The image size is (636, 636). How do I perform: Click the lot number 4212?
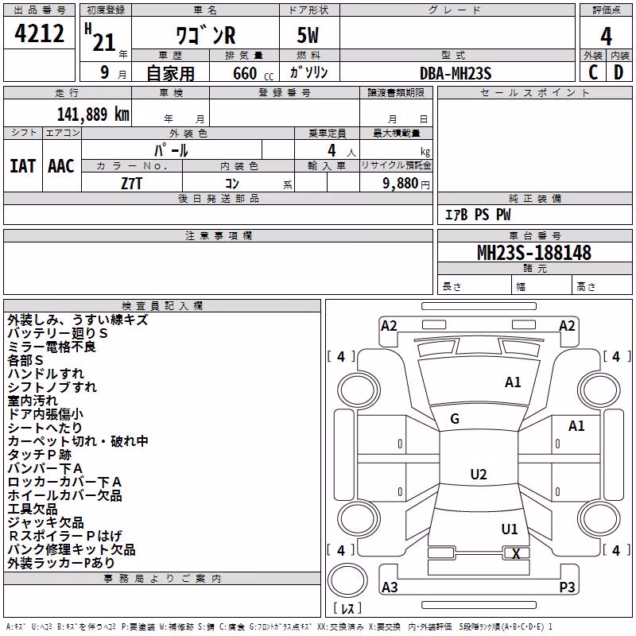(x=39, y=33)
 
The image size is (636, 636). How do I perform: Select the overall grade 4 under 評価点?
(x=606, y=37)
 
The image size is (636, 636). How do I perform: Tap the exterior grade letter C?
(x=593, y=72)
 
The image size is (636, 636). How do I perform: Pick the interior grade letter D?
(x=619, y=72)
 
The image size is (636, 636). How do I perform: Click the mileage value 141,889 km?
(x=93, y=114)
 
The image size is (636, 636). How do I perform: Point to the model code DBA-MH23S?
(x=456, y=73)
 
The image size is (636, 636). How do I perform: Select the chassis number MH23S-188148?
(x=534, y=253)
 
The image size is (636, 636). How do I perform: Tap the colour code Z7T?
(x=132, y=184)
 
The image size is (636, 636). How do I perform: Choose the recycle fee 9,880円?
(x=406, y=184)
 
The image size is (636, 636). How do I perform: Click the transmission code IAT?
(x=23, y=166)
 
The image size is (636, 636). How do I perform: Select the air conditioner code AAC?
(x=61, y=166)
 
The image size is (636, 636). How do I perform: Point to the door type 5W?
(x=308, y=35)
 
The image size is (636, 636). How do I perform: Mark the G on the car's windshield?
(x=455, y=419)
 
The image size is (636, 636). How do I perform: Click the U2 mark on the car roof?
(x=479, y=474)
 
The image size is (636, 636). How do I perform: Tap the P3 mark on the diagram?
(x=567, y=587)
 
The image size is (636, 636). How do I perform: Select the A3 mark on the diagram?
(x=390, y=587)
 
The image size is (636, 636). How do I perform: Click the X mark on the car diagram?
(x=516, y=553)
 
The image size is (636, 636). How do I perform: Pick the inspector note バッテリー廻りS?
(x=57, y=333)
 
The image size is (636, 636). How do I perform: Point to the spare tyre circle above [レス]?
(x=347, y=580)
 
